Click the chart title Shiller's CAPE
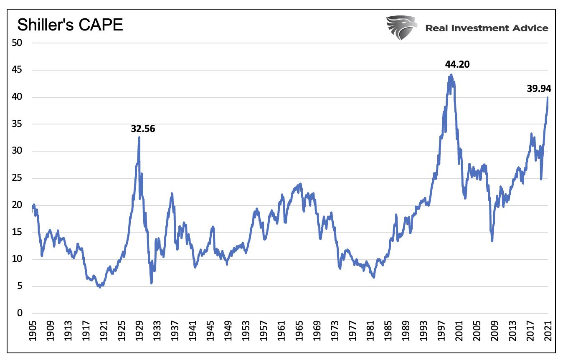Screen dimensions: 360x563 pyautogui.click(x=70, y=25)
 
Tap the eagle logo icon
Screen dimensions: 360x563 pyautogui.click(x=401, y=28)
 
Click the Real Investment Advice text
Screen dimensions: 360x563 pyautogui.click(x=487, y=28)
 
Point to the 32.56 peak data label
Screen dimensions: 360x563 pyautogui.click(x=143, y=129)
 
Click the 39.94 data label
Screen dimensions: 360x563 pyautogui.click(x=539, y=88)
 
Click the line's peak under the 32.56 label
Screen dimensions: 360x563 pyautogui.click(x=139, y=137)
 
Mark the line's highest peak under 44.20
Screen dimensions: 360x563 pyautogui.click(x=451, y=75)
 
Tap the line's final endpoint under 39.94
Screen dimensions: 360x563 pyautogui.click(x=548, y=98)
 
